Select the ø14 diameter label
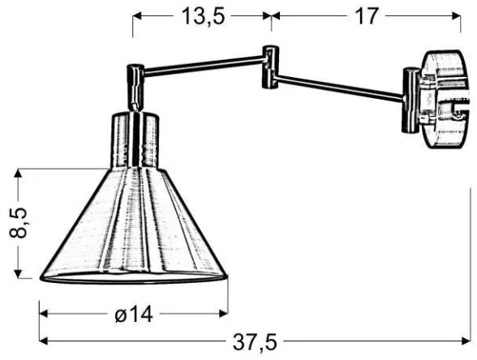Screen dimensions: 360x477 click(x=132, y=315)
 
